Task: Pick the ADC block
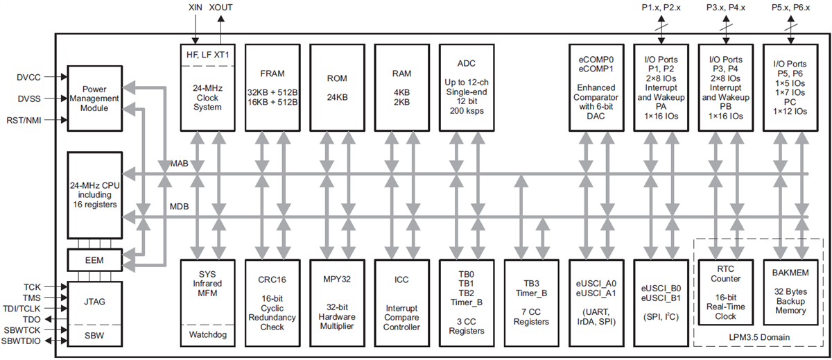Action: pos(465,87)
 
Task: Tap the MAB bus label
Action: pos(179,164)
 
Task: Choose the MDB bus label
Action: pos(179,207)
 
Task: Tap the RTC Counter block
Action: pos(727,293)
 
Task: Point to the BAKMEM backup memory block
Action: pos(791,293)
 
